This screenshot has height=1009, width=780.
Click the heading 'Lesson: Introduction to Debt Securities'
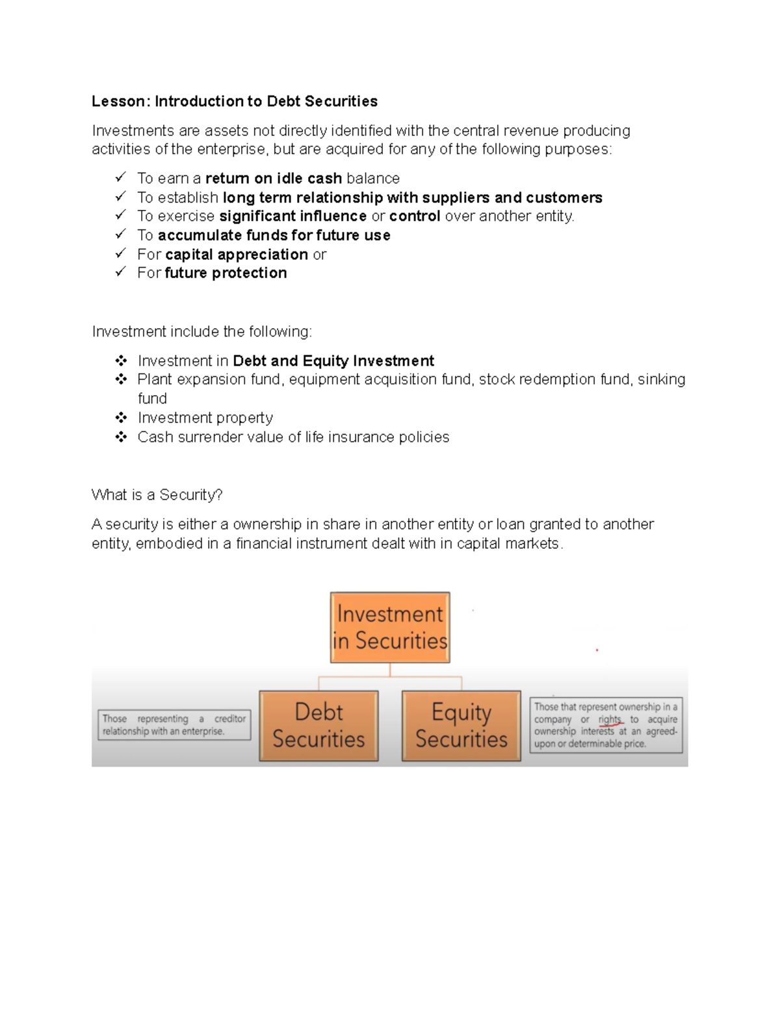[235, 101]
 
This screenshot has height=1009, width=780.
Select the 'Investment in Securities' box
[390, 627]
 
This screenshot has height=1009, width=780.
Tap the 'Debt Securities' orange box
[318, 725]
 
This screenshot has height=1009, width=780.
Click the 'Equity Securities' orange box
[461, 725]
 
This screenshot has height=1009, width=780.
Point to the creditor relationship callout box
[174, 724]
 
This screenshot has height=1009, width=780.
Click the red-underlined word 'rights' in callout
[610, 719]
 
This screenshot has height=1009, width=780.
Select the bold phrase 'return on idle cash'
[274, 179]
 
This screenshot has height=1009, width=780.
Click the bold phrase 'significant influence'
[293, 216]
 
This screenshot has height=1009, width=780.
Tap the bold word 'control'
[415, 216]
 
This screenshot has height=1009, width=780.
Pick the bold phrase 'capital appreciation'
[237, 254]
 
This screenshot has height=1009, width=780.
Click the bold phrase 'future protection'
[226, 273]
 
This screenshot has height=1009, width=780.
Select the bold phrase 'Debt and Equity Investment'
[333, 361]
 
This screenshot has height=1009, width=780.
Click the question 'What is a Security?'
[157, 495]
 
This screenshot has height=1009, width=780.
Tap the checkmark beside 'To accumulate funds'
[120, 234]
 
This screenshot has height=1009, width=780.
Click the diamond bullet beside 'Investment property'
[121, 417]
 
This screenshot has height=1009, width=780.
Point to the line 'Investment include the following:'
[202, 332]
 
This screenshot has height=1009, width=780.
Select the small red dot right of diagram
[597, 650]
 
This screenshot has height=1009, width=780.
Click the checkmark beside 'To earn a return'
[120, 177]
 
